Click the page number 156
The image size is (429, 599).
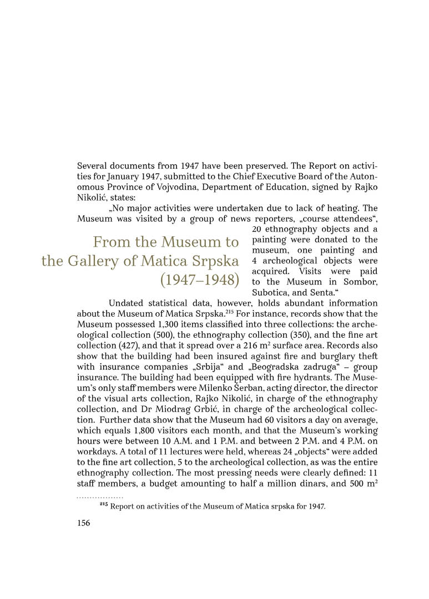pos(83,522)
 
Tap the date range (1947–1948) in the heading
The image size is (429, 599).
pos(199,280)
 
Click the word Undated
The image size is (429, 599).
pos(127,303)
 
